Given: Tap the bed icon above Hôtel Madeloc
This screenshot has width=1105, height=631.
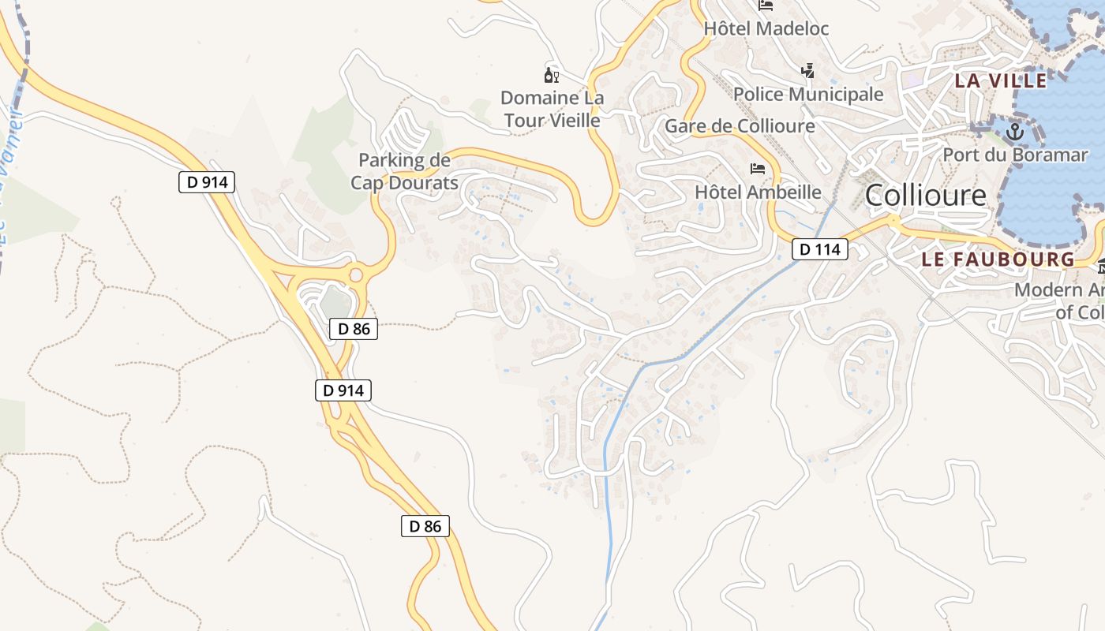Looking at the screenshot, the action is (766, 5).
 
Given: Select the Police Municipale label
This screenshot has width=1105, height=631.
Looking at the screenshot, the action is (808, 95).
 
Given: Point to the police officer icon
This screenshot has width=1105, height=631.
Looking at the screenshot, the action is (807, 71).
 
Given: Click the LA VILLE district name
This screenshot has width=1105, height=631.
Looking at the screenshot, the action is (1001, 80).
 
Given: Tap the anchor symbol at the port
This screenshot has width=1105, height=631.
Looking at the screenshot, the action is (1015, 132).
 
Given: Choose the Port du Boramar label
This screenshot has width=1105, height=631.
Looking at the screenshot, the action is (1014, 155).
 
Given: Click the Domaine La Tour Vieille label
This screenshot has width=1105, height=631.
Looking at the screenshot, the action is (552, 109).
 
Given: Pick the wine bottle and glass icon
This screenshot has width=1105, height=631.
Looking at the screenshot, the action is (552, 76).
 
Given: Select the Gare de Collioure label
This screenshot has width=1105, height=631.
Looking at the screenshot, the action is (740, 126).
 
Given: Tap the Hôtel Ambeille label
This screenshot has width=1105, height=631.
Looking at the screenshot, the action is (758, 192).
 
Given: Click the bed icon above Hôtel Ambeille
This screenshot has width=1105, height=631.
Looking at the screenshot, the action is (758, 169).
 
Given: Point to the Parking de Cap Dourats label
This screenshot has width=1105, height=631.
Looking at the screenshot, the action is (404, 171).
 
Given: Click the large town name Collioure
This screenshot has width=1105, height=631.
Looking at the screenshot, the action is (926, 196).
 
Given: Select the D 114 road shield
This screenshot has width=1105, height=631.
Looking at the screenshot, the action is (819, 249).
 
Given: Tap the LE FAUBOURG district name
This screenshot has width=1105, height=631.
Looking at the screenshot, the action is (998, 259).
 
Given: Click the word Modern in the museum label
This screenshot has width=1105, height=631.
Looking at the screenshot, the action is (1048, 289).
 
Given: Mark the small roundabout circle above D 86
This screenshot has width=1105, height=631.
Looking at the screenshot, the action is (356, 275).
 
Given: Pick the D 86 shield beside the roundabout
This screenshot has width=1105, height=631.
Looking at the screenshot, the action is (354, 329).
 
